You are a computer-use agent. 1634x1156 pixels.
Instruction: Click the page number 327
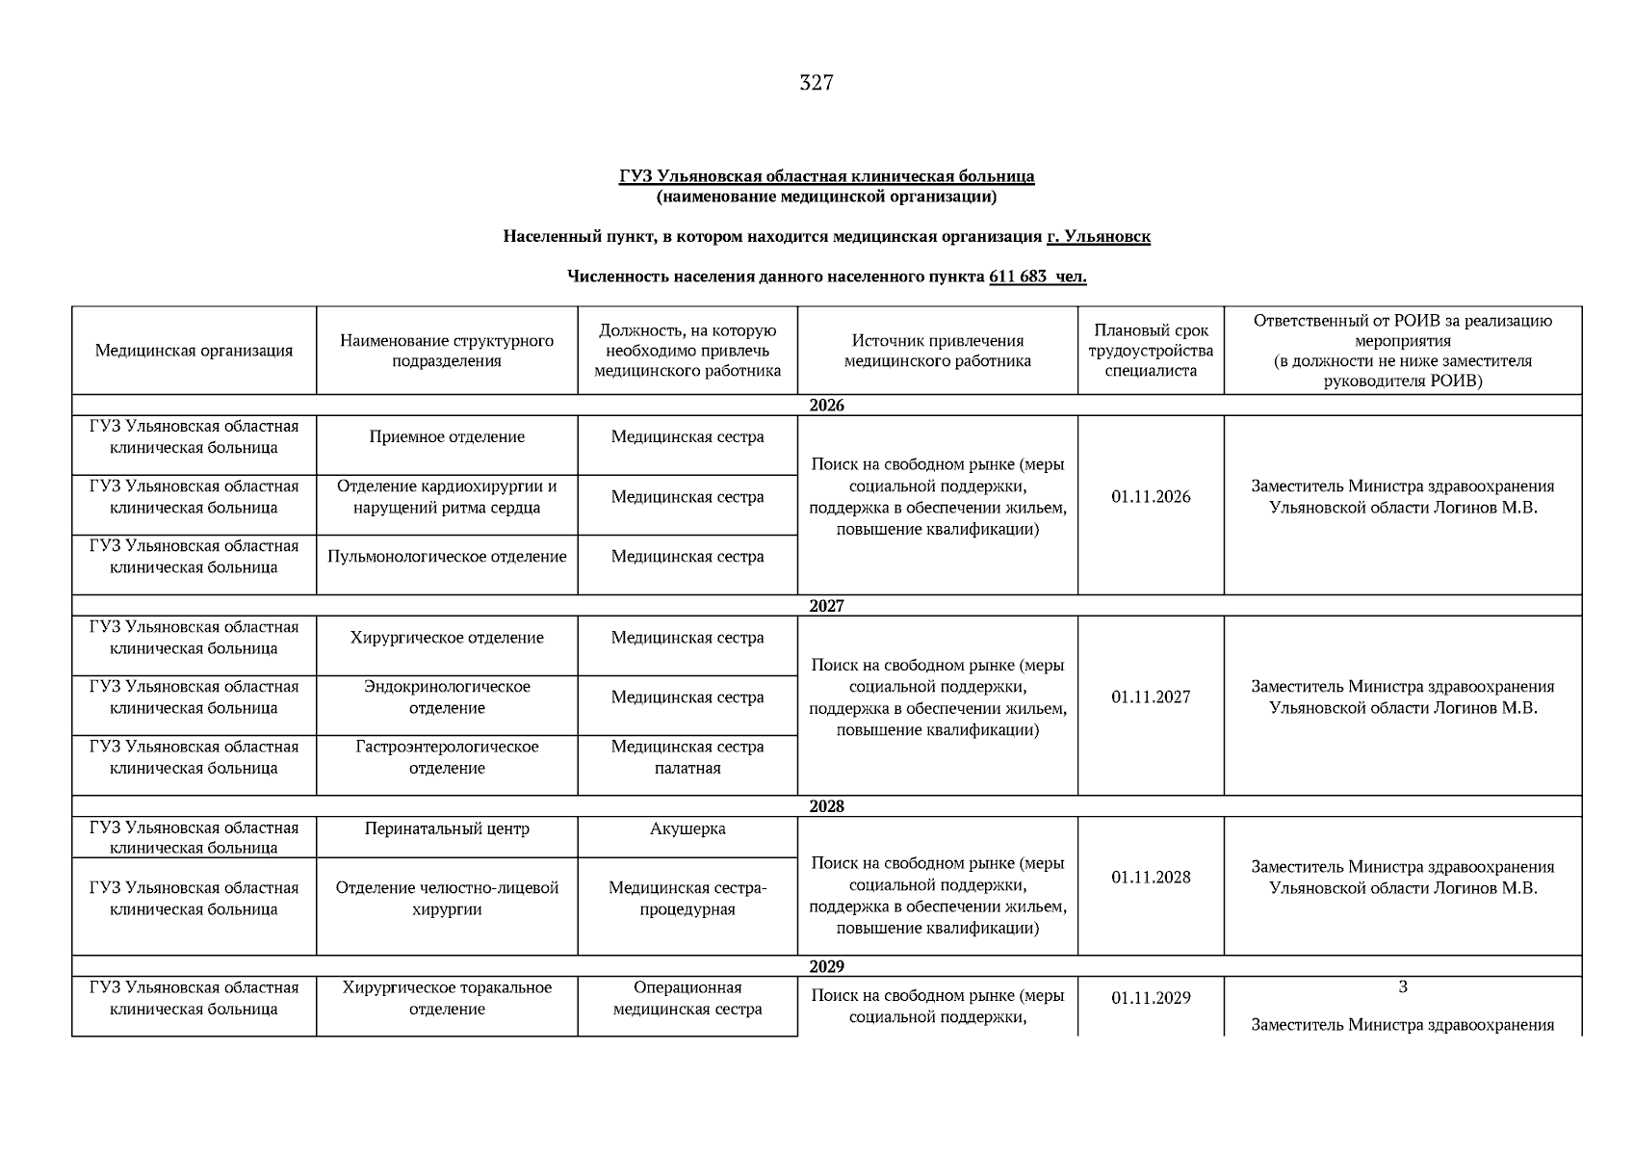coord(816,83)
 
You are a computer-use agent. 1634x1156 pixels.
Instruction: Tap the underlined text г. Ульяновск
coord(1098,236)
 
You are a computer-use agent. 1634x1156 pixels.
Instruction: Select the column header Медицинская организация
coord(194,351)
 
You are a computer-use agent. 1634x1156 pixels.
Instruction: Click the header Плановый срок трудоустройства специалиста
coord(1151,351)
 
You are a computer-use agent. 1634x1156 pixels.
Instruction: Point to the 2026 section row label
coord(826,406)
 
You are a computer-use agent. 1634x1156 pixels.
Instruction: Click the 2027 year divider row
coord(826,606)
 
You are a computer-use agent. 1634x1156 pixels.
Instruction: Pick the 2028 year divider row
coord(826,806)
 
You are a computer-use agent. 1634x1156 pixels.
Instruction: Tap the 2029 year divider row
coord(826,966)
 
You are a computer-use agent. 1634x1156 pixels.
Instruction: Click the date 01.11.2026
coord(1151,497)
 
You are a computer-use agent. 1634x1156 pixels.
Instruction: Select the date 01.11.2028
coord(1151,877)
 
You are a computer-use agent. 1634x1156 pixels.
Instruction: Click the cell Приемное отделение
coord(447,437)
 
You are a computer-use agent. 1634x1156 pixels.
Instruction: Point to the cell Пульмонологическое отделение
coord(447,557)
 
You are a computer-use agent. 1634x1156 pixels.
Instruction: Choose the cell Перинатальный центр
coord(447,828)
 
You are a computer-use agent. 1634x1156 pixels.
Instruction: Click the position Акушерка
coord(687,828)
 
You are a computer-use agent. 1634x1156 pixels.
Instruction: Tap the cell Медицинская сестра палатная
coord(687,757)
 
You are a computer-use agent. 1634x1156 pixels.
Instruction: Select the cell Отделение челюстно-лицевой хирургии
coord(447,898)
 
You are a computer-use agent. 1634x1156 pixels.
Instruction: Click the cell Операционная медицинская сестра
coord(687,998)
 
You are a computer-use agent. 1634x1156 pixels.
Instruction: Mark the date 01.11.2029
coord(1151,998)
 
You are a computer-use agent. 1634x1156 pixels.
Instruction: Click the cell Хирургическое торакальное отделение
coord(447,998)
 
